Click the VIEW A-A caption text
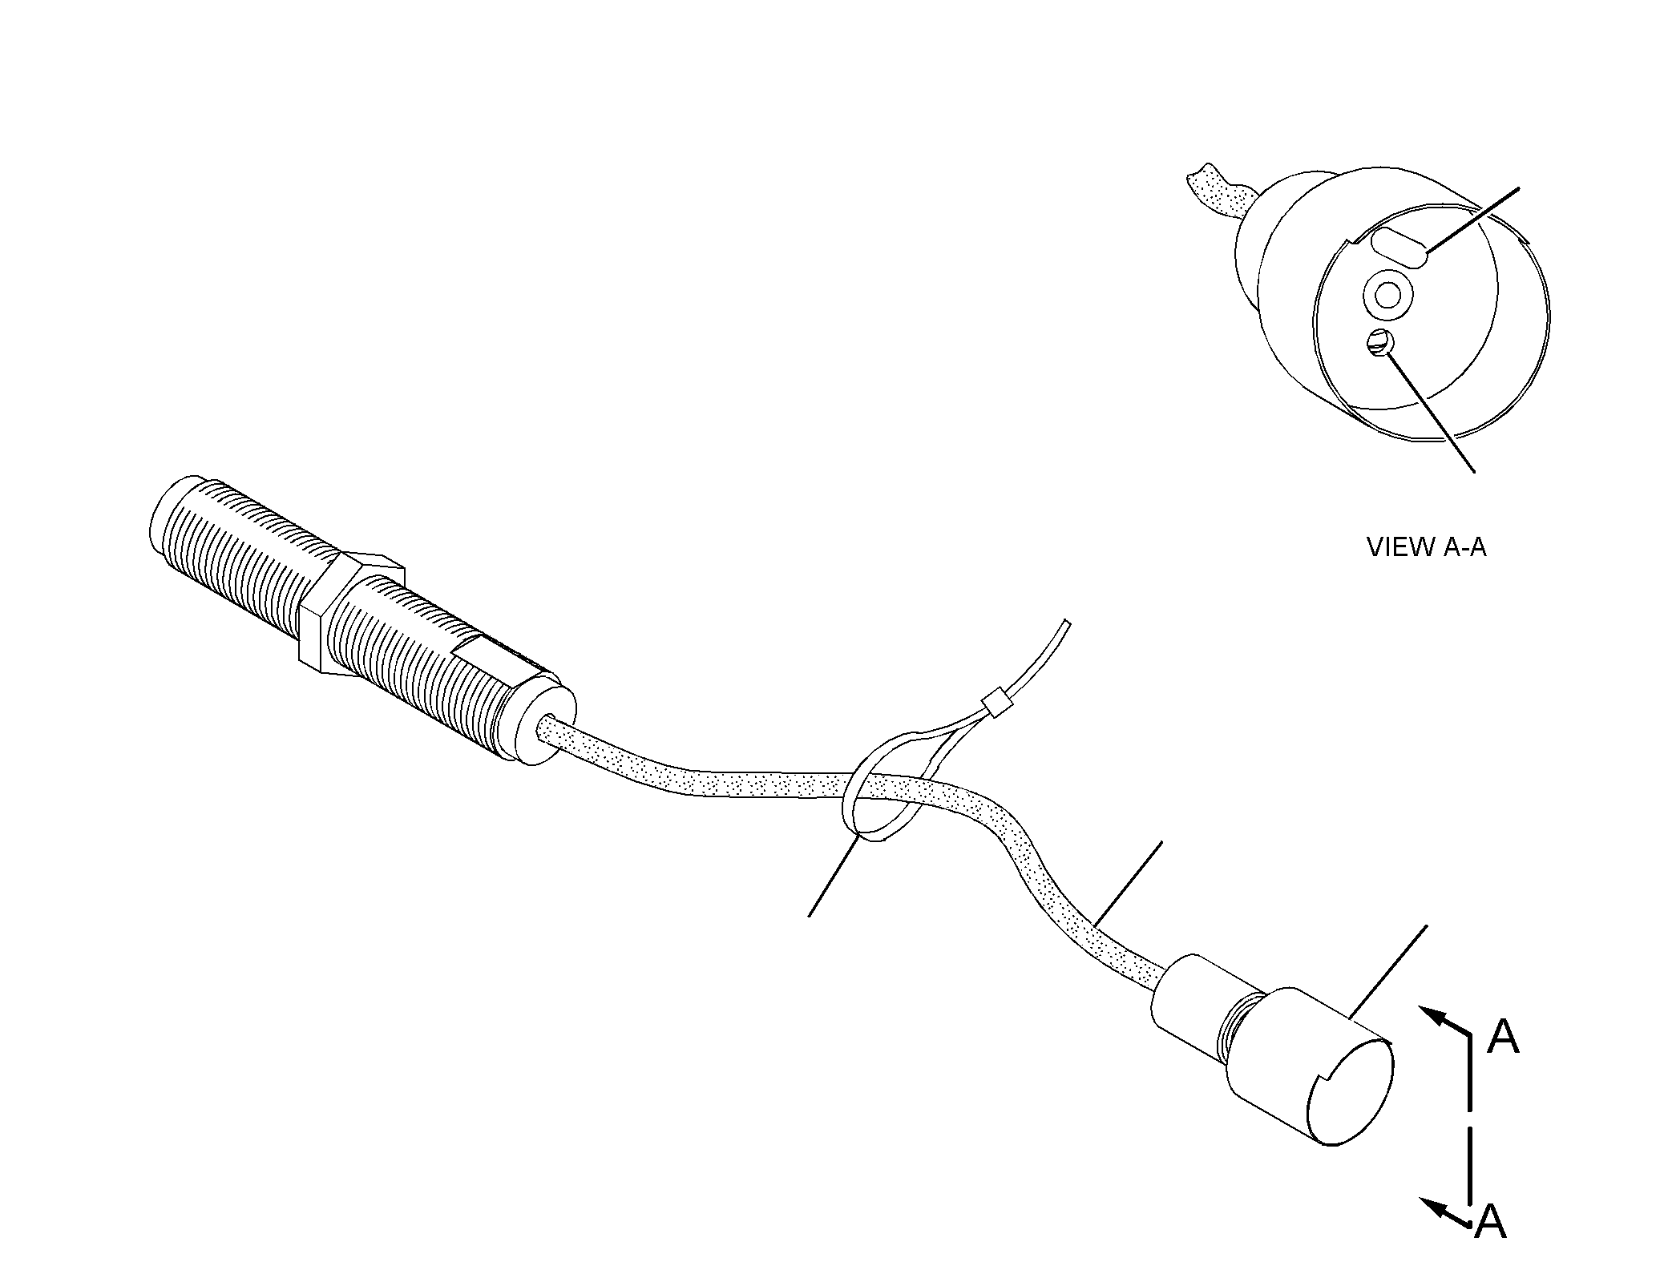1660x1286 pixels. [1426, 547]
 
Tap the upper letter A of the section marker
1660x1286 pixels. [1503, 1038]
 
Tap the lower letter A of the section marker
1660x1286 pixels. [1490, 1244]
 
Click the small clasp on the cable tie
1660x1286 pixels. [997, 704]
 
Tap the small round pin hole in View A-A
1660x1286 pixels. [1381, 343]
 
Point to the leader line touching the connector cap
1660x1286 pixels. [1388, 972]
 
